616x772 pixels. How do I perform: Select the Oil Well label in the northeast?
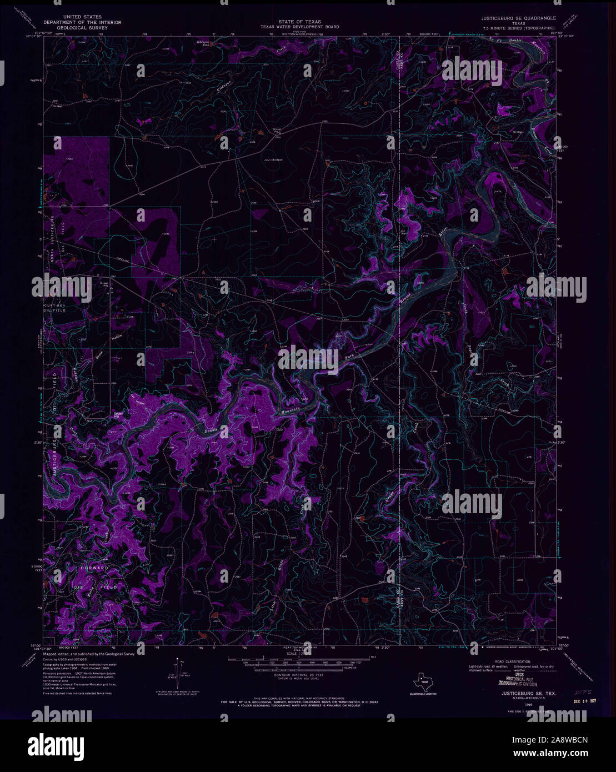click(x=518, y=132)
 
